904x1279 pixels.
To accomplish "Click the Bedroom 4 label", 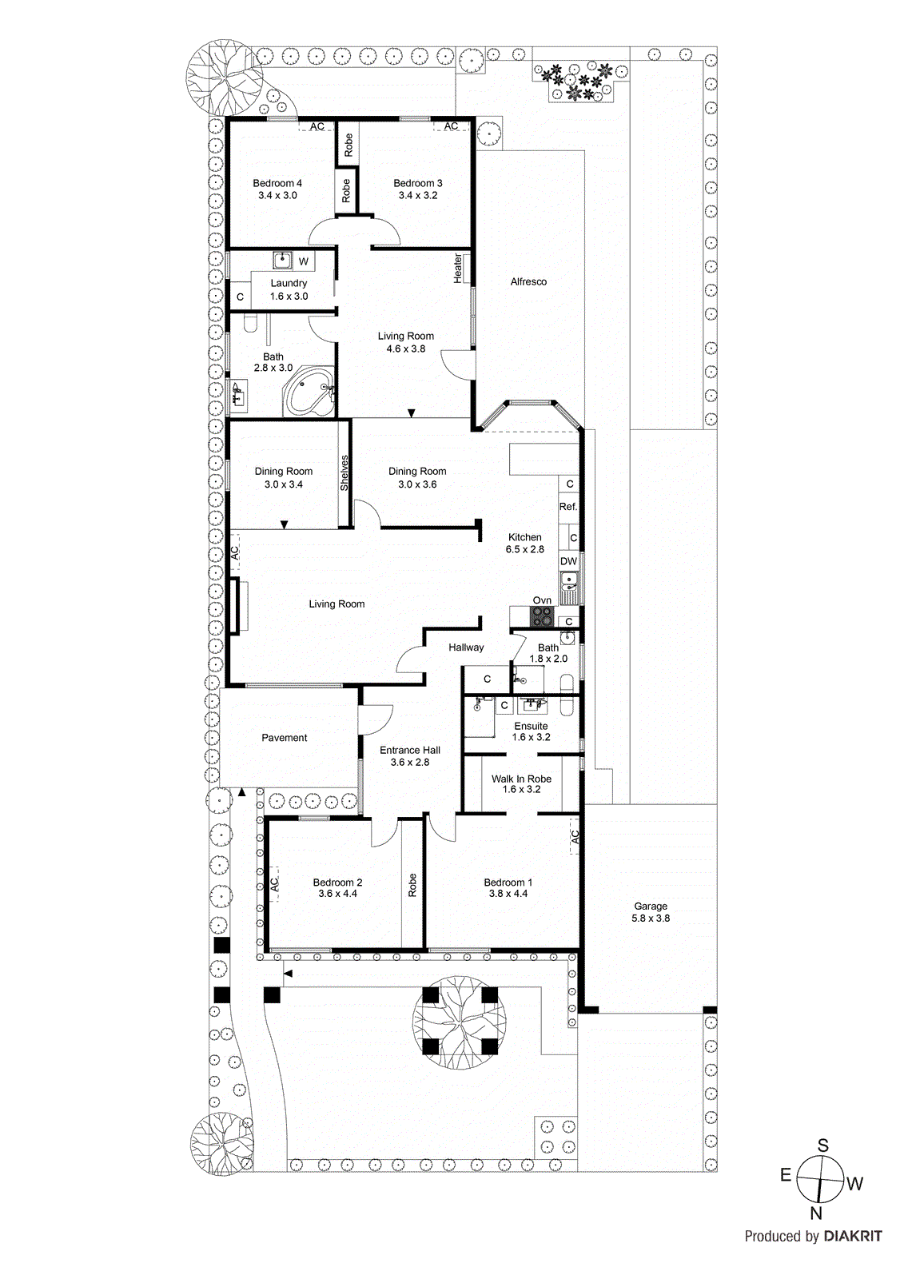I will tap(277, 183).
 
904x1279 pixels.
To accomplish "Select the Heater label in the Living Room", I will tap(458, 268).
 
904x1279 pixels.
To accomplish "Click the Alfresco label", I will tap(528, 281).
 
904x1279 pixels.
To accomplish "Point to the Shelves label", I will tap(344, 472).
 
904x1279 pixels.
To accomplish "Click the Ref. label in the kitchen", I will tap(567, 507).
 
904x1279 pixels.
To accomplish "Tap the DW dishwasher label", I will tap(568, 561).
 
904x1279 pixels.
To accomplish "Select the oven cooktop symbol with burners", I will tap(542, 616).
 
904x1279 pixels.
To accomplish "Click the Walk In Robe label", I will tap(521, 779).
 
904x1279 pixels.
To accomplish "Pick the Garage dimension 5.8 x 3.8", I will tap(651, 918).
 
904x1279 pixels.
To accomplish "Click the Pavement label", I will tap(284, 738).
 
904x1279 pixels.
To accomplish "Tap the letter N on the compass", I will tap(816, 1213).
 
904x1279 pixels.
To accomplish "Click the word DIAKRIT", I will tap(853, 1237).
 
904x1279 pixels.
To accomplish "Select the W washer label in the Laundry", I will tap(304, 261).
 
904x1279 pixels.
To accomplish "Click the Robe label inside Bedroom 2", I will tap(412, 885).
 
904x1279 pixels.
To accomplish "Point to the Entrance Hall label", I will tap(409, 750).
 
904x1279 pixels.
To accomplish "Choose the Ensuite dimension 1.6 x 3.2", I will tap(531, 737).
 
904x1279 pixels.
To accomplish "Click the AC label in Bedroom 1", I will tap(575, 837).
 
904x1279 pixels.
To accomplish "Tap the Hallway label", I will tap(466, 647).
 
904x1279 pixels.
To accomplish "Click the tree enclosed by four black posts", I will tap(459, 1022).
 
